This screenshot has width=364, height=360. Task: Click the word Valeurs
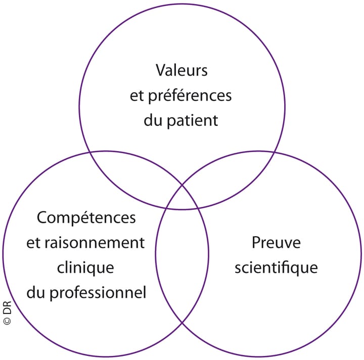point(181,70)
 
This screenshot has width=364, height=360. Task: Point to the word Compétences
point(86,218)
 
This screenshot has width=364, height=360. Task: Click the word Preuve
point(276,243)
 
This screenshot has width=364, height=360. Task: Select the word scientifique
point(276,267)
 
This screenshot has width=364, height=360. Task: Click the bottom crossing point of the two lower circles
point(182,323)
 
